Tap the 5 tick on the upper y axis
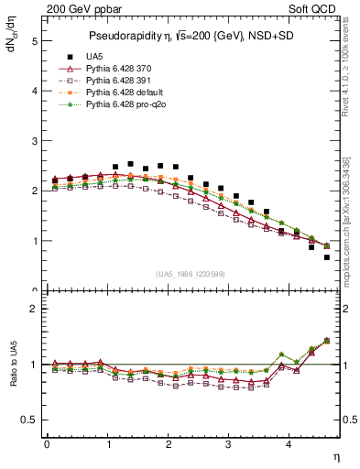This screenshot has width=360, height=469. point(34,41)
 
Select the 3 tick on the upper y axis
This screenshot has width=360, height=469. point(34,141)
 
